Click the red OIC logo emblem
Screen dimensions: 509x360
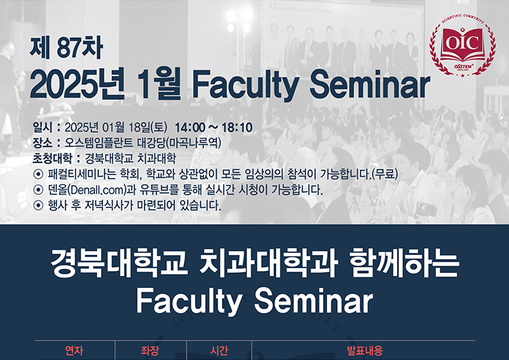[x=463, y=46]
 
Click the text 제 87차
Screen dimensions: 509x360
[x=67, y=48]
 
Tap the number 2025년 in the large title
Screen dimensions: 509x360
[x=77, y=85]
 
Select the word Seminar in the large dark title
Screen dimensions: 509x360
[x=369, y=84]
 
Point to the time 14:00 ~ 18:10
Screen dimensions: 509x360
[x=214, y=128]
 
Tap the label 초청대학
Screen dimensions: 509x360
[x=52, y=158]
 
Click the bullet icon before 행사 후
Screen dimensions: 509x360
[x=38, y=205]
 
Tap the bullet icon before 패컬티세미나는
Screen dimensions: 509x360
[x=38, y=174]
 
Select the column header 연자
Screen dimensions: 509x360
[x=75, y=350]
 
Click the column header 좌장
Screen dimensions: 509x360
[x=150, y=350]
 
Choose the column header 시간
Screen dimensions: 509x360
[x=219, y=350]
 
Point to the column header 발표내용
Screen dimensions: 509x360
[x=365, y=350]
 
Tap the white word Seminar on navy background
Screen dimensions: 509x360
[x=314, y=301]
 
